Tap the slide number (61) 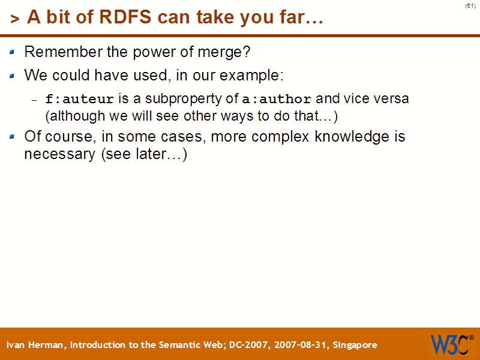(470, 5)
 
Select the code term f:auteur (80, 99)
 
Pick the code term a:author (277, 99)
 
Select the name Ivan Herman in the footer (37, 345)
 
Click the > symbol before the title (15, 19)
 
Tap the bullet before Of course (13, 137)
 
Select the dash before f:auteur (34, 100)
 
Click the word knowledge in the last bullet (343, 137)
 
